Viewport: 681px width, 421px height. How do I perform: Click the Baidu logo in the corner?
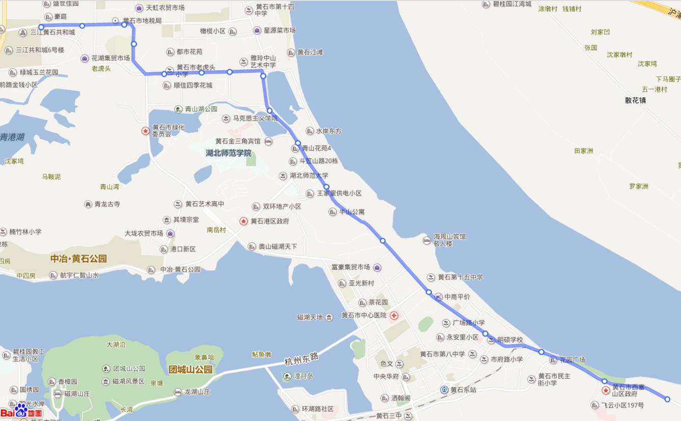pos(21,411)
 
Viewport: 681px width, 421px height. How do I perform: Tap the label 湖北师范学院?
pos(229,153)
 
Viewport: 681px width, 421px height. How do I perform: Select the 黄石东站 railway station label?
pos(463,390)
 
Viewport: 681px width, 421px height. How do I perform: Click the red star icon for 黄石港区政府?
pos(243,221)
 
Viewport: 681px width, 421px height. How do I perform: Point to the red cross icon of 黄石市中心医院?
pos(393,316)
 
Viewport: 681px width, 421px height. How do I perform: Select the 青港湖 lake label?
pos(12,137)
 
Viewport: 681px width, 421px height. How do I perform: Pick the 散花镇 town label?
pos(635,100)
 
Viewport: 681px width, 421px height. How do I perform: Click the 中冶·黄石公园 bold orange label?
pos(78,259)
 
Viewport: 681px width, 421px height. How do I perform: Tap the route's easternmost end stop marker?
pos(667,399)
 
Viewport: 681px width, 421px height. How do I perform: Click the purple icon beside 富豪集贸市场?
pos(377,267)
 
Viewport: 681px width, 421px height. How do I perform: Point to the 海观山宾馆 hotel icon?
pos(427,240)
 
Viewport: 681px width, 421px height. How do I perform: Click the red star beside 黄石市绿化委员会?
pos(145,131)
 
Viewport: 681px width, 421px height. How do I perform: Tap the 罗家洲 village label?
pos(638,186)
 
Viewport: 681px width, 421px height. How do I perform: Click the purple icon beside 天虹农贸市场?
pos(139,8)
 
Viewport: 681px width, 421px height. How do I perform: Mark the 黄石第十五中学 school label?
pos(460,277)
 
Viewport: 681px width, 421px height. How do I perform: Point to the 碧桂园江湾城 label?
pos(512,4)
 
